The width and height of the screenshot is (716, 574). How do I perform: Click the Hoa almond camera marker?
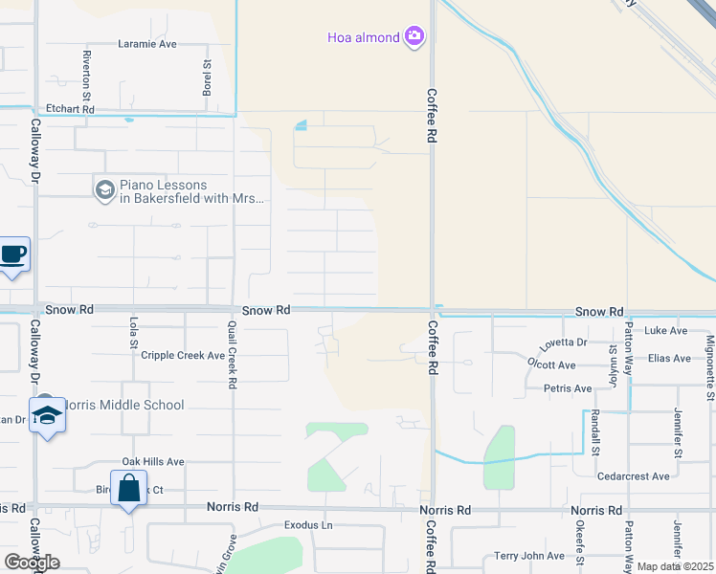(x=414, y=37)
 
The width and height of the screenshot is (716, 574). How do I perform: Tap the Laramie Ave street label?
(x=147, y=44)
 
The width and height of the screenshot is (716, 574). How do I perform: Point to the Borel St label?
(x=207, y=77)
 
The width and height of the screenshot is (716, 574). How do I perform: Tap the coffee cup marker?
(x=12, y=255)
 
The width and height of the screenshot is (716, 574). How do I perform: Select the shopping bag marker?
(x=128, y=489)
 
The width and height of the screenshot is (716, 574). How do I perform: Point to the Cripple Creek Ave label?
(x=182, y=356)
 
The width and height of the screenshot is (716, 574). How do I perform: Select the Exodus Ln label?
(x=307, y=526)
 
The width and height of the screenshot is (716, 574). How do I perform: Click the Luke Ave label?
(x=666, y=331)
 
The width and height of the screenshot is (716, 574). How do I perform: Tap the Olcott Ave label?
(x=551, y=365)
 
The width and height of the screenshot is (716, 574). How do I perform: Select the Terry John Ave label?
(x=530, y=556)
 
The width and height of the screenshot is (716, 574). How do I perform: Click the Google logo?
(x=32, y=563)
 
